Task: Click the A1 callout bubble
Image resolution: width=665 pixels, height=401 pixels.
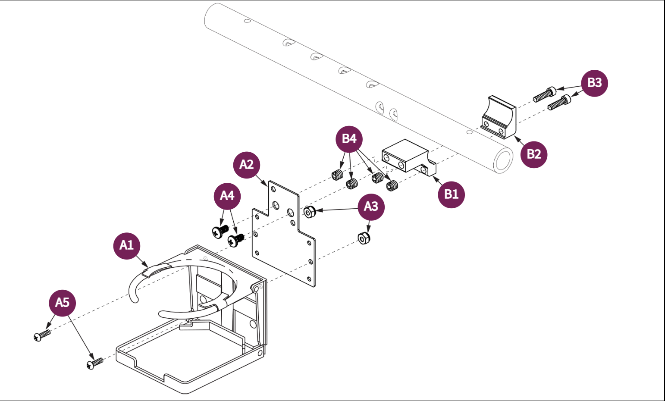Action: pyautogui.click(x=126, y=245)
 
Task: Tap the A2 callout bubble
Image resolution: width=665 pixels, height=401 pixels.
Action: pyautogui.click(x=246, y=165)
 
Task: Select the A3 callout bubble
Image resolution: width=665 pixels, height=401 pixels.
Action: pyautogui.click(x=371, y=207)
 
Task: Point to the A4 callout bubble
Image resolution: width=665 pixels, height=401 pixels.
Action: pyautogui.click(x=227, y=196)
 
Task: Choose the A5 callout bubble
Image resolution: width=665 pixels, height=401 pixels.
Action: pyautogui.click(x=62, y=303)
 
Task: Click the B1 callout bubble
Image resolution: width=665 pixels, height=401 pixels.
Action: pyautogui.click(x=451, y=194)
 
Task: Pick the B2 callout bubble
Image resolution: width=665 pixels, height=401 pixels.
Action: pyautogui.click(x=533, y=154)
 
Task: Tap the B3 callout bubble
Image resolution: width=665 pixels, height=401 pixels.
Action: pyautogui.click(x=594, y=83)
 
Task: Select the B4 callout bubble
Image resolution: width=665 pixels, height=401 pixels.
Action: pyautogui.click(x=349, y=139)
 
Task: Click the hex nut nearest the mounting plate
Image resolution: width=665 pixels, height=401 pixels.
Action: pyautogui.click(x=309, y=212)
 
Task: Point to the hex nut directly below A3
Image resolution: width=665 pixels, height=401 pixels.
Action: pyautogui.click(x=364, y=238)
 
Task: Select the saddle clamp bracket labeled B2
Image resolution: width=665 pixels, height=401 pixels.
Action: pyautogui.click(x=499, y=118)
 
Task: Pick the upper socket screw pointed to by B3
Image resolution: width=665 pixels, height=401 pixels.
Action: pyautogui.click(x=544, y=94)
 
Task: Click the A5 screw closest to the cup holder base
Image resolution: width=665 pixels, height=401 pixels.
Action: pyautogui.click(x=95, y=363)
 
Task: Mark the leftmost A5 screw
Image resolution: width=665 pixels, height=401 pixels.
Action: pyautogui.click(x=42, y=335)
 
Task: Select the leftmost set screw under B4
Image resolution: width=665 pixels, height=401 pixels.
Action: pyautogui.click(x=338, y=175)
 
